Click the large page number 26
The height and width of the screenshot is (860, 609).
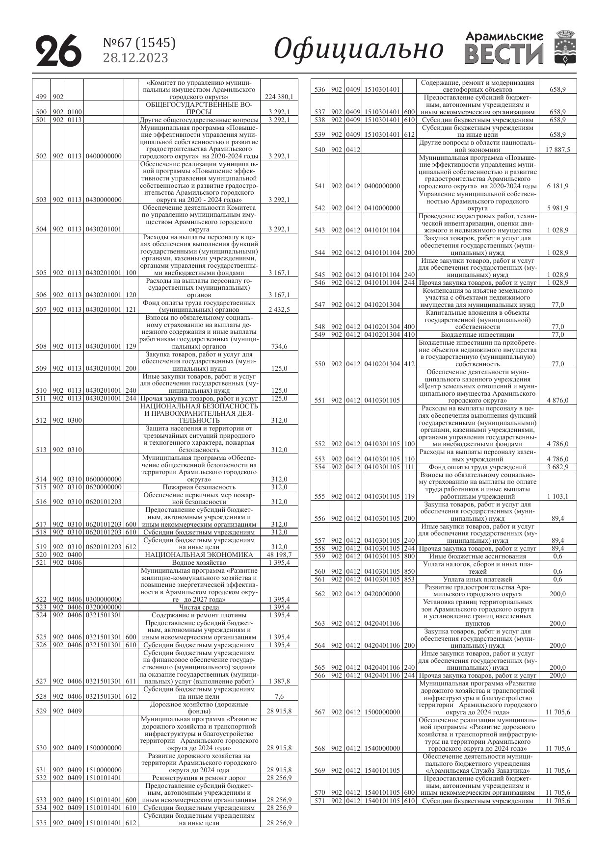58,50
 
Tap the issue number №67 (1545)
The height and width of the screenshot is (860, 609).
139,43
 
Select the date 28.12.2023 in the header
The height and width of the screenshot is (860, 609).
135,58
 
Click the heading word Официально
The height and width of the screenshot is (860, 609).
359,49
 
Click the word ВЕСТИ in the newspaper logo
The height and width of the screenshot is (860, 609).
504,54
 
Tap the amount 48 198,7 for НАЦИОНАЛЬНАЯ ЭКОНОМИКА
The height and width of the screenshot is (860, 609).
279,555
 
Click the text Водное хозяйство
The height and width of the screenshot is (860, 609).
199,562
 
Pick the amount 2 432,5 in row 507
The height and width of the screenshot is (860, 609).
279,309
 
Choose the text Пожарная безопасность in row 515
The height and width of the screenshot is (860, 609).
199,487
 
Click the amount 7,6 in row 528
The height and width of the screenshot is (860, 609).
279,696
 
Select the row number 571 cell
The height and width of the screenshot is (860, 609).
320,801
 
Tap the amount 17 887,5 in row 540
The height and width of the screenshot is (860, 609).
558,150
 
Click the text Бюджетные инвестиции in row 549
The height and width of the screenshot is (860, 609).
477,334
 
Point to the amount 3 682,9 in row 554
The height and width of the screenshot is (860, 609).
558,467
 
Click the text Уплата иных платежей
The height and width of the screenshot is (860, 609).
477,579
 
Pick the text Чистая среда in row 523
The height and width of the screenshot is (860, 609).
199,607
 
